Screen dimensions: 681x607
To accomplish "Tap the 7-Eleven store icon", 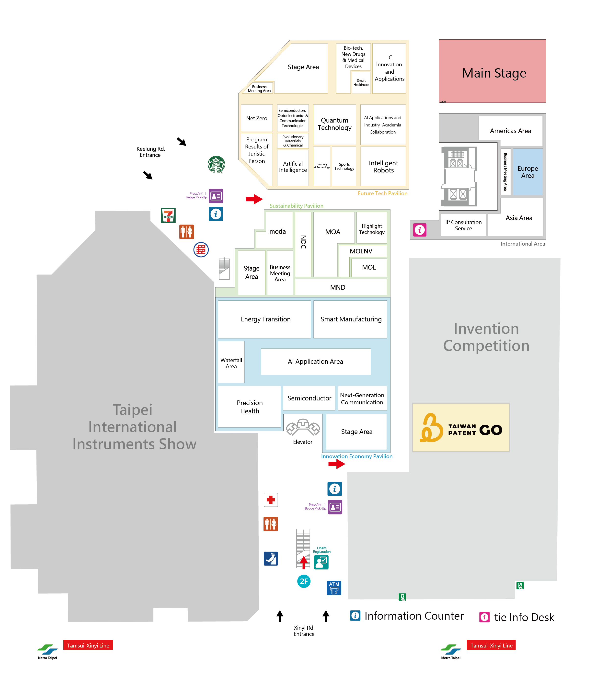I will pyautogui.click(x=168, y=216).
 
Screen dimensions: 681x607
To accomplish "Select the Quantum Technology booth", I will pyautogui.click(x=334, y=124).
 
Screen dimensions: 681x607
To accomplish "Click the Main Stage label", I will pyautogui.click(x=494, y=73).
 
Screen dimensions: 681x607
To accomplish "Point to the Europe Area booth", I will pyautogui.click(x=528, y=172).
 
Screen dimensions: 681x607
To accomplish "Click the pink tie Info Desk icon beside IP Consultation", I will pyautogui.click(x=420, y=230).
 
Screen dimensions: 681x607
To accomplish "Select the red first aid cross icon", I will pyautogui.click(x=271, y=499).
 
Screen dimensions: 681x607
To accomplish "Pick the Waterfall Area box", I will pyautogui.click(x=231, y=363).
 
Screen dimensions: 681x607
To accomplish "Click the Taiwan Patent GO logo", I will pyautogui.click(x=461, y=428).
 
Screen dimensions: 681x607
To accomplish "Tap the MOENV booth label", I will pyautogui.click(x=361, y=251).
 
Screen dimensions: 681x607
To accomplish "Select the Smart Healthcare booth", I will pyautogui.click(x=361, y=83).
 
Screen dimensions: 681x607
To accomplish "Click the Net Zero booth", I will pyautogui.click(x=256, y=118).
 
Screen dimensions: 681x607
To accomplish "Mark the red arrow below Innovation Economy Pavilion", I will pyautogui.click(x=336, y=464).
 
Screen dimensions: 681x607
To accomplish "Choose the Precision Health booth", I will pyautogui.click(x=250, y=407).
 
